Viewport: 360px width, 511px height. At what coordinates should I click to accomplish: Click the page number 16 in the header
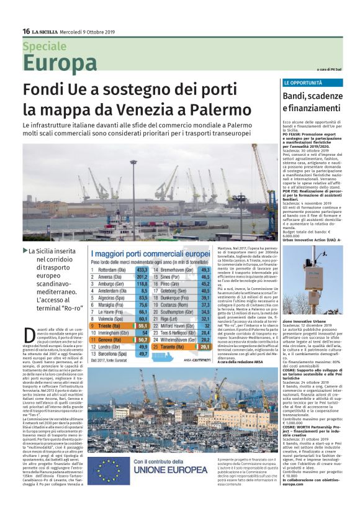tap(26, 32)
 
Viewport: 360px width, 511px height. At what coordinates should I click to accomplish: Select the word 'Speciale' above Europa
tap(44, 47)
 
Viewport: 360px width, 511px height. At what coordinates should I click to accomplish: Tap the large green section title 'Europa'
tap(60, 63)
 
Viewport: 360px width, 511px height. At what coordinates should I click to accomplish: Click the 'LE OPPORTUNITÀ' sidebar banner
tap(302, 83)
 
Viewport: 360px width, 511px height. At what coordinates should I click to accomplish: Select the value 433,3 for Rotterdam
tap(142, 270)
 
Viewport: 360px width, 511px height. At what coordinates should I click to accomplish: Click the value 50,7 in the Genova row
tap(142, 340)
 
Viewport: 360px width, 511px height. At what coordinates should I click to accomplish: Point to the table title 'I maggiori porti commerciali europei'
tap(151, 254)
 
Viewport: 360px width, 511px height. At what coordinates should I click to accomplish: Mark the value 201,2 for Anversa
tap(142, 277)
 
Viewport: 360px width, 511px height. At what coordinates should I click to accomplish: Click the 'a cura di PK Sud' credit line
tap(329, 69)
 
